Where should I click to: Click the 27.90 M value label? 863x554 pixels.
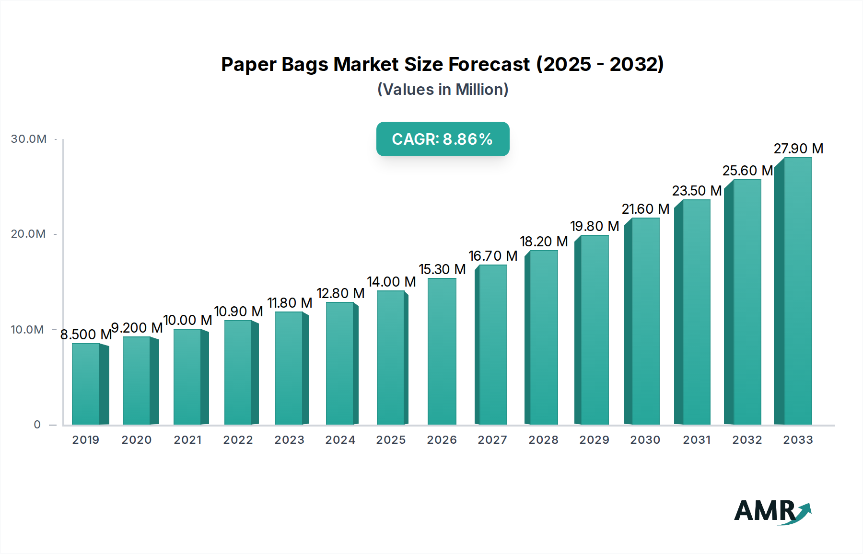tap(798, 149)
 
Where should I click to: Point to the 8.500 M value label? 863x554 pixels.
tap(86, 335)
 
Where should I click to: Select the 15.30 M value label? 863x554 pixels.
tap(442, 269)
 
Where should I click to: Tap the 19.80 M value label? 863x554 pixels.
tap(595, 226)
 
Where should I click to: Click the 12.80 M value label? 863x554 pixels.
tap(340, 293)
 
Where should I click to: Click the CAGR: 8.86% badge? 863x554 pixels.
tap(443, 139)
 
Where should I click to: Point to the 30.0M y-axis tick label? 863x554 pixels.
tap(29, 139)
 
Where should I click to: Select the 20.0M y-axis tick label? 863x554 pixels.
tap(28, 234)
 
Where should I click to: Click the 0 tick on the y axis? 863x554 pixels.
tap(37, 425)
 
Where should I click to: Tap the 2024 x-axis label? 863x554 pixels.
tap(340, 440)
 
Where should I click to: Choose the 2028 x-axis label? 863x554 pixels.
tap(543, 440)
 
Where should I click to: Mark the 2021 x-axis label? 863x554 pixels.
tap(187, 440)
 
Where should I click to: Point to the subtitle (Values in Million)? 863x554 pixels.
tap(443, 90)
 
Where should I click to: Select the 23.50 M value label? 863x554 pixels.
tap(697, 191)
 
